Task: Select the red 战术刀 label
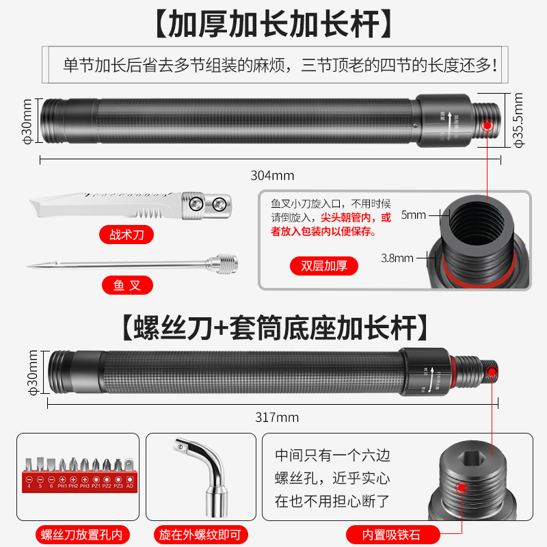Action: coord(127,235)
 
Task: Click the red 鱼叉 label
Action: coord(127,284)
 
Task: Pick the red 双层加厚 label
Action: coord(324,266)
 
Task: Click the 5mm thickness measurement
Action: coord(412,215)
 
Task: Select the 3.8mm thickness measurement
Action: coord(398,258)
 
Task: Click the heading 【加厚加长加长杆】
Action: coord(273,24)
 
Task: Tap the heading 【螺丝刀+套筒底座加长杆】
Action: coord(273,328)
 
